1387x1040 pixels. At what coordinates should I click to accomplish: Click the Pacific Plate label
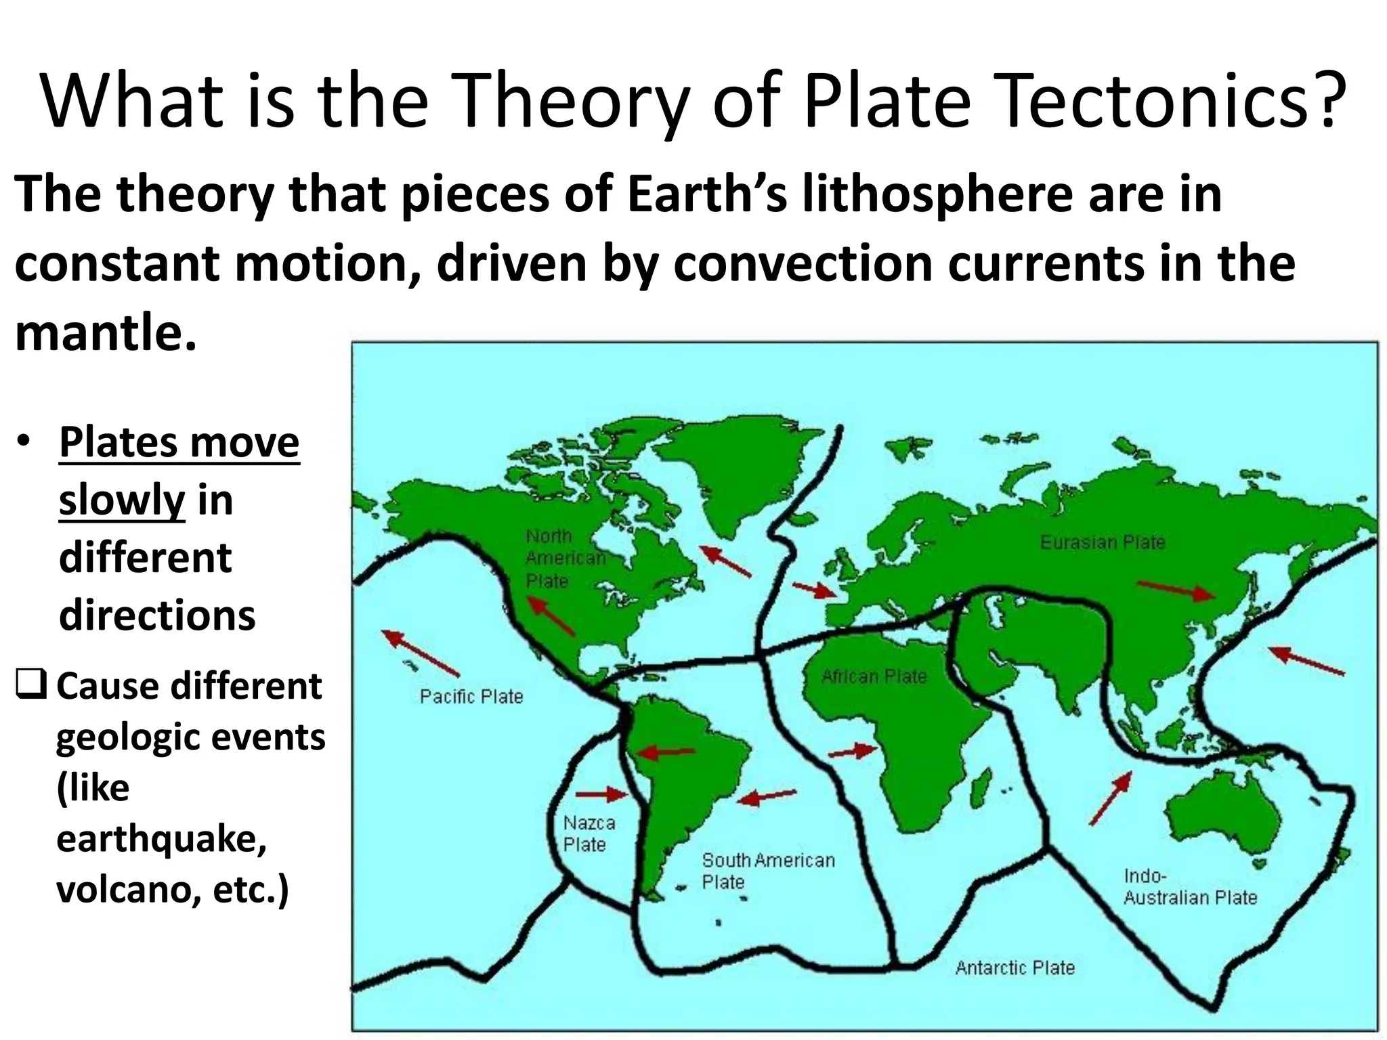[x=471, y=696]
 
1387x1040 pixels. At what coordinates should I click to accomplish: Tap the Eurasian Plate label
[x=1103, y=542]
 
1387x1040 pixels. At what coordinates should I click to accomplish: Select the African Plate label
[x=874, y=676]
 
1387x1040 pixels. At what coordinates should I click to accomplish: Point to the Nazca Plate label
[x=589, y=833]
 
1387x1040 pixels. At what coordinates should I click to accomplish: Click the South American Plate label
[x=768, y=871]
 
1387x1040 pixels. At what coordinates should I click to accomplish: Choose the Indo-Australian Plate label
[x=1190, y=886]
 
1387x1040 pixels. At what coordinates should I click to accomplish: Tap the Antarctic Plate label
[x=1015, y=968]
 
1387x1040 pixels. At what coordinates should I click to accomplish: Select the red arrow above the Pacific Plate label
[x=421, y=653]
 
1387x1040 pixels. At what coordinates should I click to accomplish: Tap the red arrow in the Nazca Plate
[x=602, y=794]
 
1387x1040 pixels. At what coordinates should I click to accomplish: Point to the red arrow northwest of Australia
[x=1111, y=798]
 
